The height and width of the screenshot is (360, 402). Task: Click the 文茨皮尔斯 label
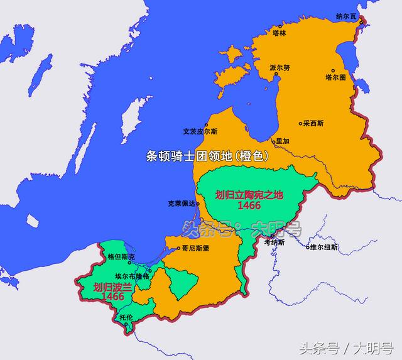point(199,132)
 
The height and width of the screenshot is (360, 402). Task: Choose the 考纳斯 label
point(274,242)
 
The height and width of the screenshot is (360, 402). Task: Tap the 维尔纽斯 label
point(323,248)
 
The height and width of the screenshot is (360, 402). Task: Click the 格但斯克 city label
point(121,257)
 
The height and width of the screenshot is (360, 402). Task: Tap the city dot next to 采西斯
point(300,124)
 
